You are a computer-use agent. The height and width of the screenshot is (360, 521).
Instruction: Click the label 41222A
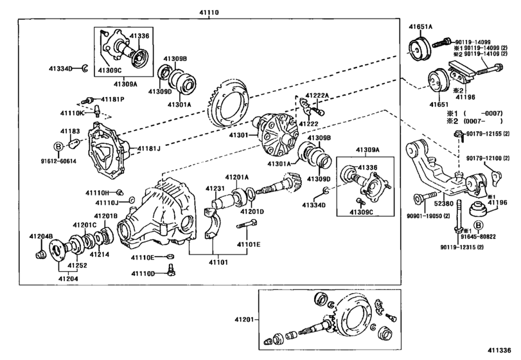317,95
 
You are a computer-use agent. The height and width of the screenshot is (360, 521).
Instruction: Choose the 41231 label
214,188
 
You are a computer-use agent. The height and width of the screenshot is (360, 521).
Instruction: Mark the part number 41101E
249,244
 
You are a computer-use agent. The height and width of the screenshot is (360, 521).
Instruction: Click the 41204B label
40,237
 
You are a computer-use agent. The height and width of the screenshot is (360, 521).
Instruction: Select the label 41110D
143,273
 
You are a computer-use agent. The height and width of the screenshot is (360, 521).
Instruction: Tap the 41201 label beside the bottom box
244,318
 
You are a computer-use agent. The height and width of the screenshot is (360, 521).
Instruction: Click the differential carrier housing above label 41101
164,212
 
